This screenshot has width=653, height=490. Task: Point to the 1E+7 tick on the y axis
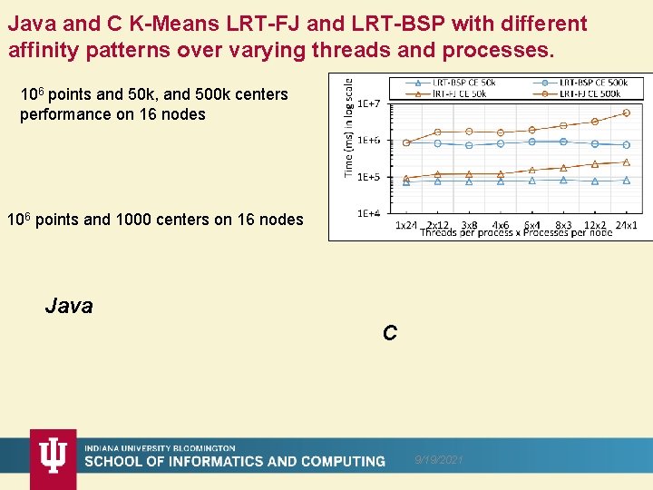[x=369, y=103]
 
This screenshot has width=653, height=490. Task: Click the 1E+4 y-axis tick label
[x=369, y=214]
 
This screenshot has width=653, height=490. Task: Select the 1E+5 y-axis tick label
[x=369, y=177]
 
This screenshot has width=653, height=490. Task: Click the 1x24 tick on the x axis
[x=406, y=224]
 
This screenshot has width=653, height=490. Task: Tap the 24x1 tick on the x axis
[x=626, y=224]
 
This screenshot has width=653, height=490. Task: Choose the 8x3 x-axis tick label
[x=563, y=224]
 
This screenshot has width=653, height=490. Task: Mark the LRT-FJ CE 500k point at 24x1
[x=627, y=113]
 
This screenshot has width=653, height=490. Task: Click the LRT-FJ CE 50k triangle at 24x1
[x=627, y=162]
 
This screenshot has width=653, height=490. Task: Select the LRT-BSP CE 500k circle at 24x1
[x=627, y=144]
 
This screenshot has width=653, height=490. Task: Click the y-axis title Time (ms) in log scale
[x=349, y=127]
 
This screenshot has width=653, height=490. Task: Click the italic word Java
[x=69, y=306]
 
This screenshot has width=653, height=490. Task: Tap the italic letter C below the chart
[x=389, y=333]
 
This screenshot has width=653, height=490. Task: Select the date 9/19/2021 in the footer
[x=439, y=461]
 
